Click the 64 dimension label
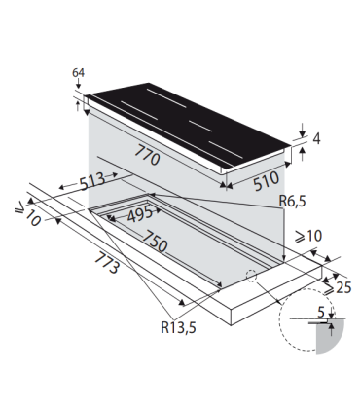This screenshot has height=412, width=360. click(x=79, y=73)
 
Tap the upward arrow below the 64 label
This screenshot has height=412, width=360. click(x=79, y=99)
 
